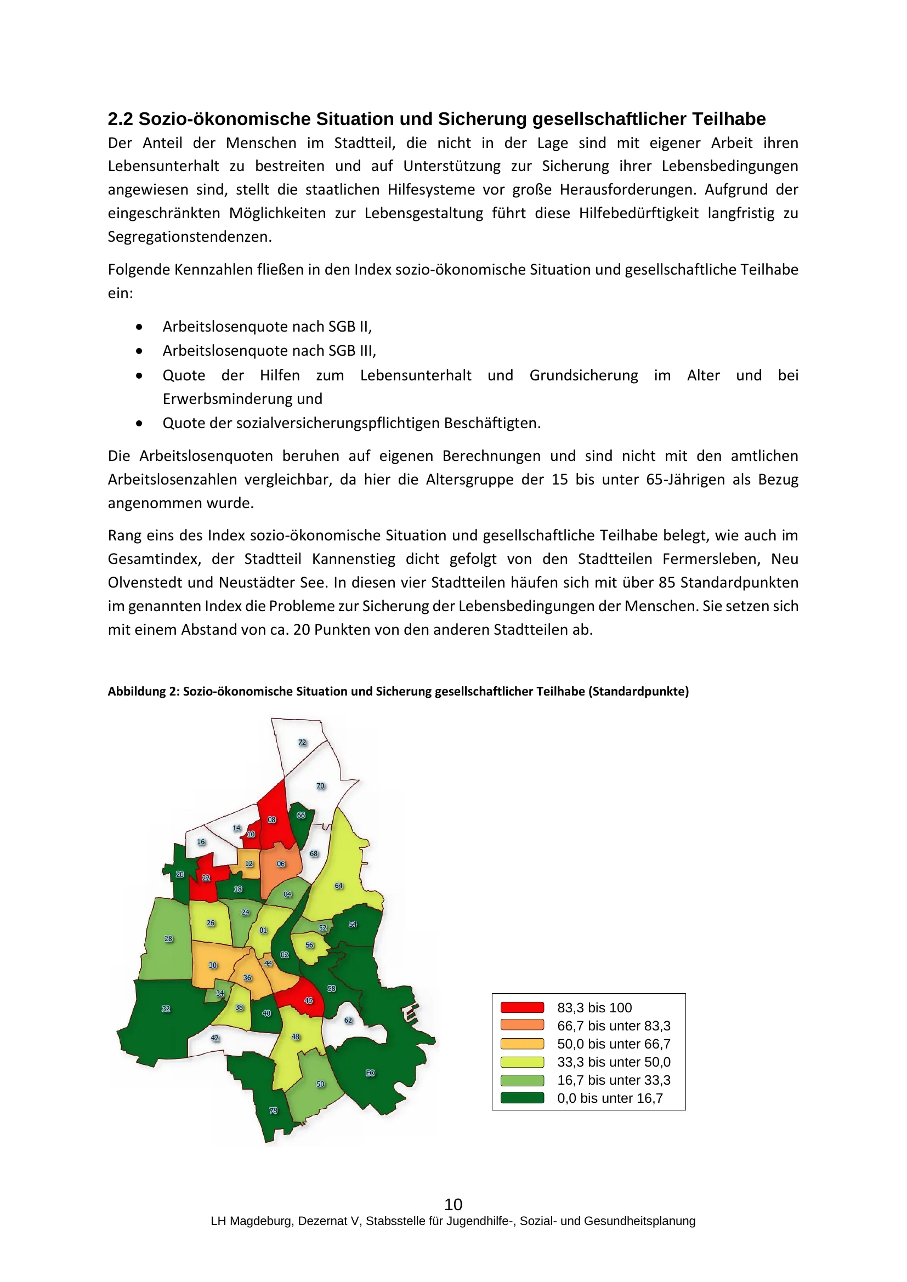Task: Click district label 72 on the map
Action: [302, 743]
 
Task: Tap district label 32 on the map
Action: [166, 1009]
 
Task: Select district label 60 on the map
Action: [370, 1073]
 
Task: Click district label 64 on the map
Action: [338, 886]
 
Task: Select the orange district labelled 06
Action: [281, 864]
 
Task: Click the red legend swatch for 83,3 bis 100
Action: [521, 1008]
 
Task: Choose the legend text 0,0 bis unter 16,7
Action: [610, 1098]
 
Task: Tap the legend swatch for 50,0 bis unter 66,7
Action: [521, 1044]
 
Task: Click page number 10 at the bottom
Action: [453, 1204]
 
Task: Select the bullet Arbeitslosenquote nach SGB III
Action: [269, 351]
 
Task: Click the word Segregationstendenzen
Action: [190, 237]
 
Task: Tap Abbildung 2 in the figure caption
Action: [143, 691]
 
